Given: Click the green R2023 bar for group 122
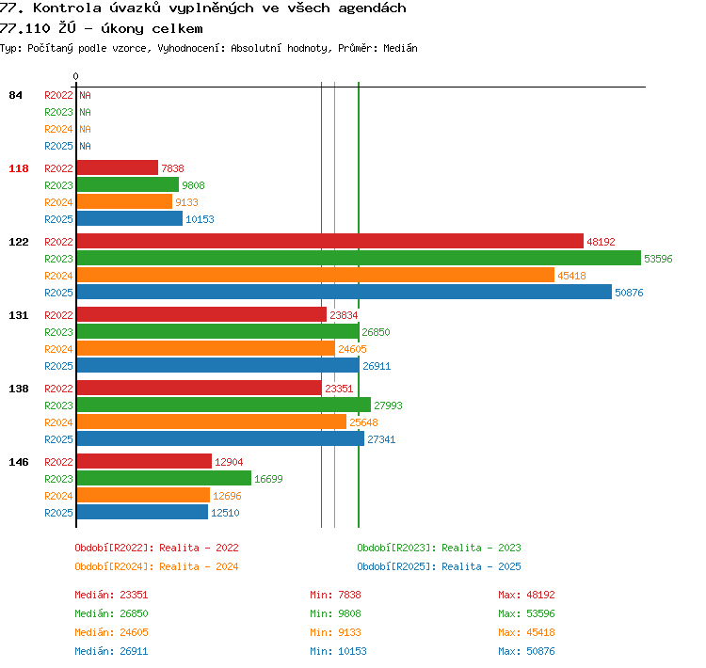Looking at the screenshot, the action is [359, 258].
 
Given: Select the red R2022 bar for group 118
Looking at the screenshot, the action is [118, 167].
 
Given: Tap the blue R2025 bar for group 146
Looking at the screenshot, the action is [142, 512].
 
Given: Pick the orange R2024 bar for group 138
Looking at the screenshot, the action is [212, 421].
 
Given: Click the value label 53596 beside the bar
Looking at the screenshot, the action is [658, 259].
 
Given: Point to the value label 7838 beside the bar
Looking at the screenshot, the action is [172, 168].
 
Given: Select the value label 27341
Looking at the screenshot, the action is [381, 439].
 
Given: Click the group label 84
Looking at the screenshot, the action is [15, 95].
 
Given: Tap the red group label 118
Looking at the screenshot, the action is [19, 168].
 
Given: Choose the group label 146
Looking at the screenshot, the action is [19, 462].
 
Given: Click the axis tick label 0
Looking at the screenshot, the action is [75, 76].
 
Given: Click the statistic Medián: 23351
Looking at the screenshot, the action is [111, 595].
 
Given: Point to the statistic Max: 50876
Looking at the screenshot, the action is [526, 651].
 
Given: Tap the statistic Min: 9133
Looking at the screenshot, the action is [335, 632].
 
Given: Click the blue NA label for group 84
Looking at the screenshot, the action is [85, 146].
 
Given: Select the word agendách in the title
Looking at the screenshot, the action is [372, 8].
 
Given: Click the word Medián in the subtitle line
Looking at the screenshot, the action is [400, 48].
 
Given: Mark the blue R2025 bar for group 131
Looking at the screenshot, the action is [218, 365].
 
